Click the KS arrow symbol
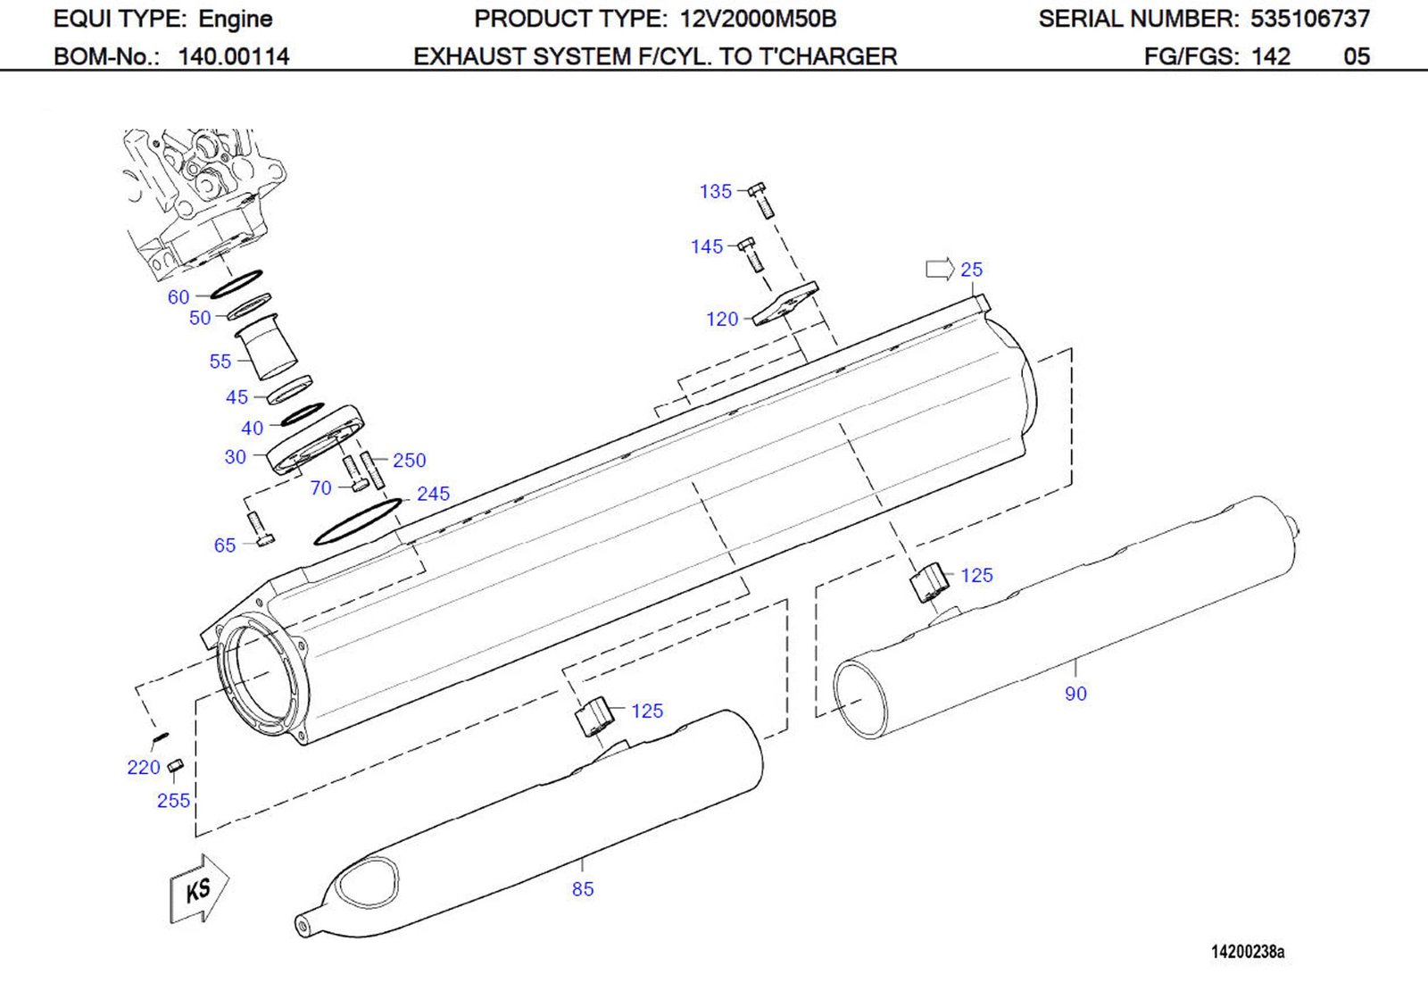tap(199, 888)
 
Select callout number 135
tap(715, 191)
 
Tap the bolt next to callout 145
tap(751, 254)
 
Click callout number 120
tap(721, 319)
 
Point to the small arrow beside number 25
tap(939, 269)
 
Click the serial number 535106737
tap(1309, 19)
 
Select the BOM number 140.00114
tap(234, 56)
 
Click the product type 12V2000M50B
tap(758, 19)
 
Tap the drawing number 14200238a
tap(1248, 952)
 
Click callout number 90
tap(1075, 694)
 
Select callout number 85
tap(583, 889)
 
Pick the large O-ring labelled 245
tap(357, 522)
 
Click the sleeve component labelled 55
tap(266, 348)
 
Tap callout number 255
tap(173, 801)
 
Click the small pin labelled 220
tap(160, 737)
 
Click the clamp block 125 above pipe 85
tap(594, 717)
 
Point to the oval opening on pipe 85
tap(367, 878)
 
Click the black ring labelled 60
tap(236, 285)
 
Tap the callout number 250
tap(409, 460)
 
